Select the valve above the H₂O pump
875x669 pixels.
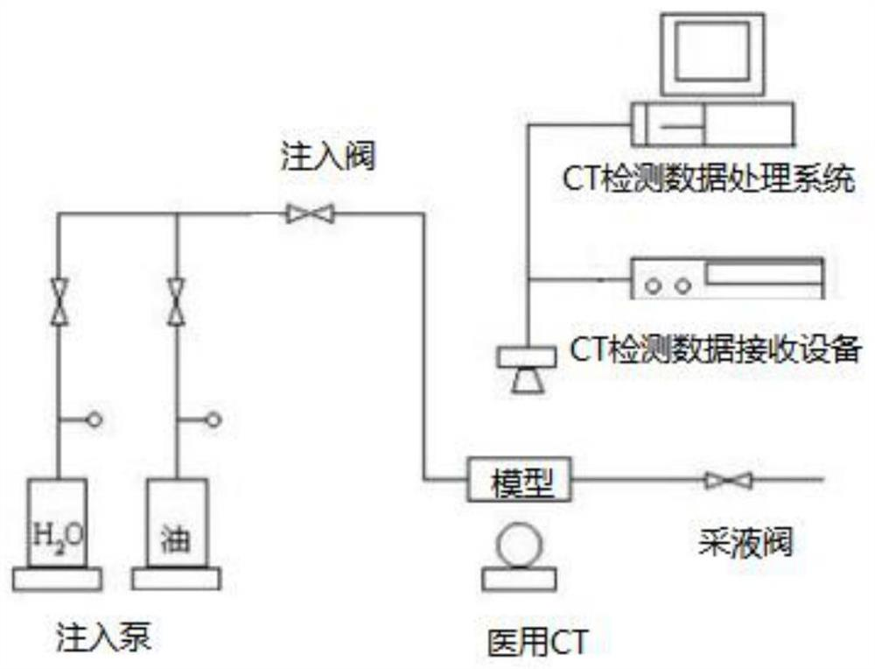tap(59, 301)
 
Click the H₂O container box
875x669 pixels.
tap(58, 524)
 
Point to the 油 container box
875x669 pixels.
tap(177, 524)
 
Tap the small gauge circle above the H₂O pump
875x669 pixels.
tap(94, 420)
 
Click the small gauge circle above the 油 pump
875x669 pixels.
tap(213, 420)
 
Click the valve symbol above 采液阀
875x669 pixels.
tap(728, 479)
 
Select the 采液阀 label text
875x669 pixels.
tap(745, 542)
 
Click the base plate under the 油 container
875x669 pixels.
tap(176, 578)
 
